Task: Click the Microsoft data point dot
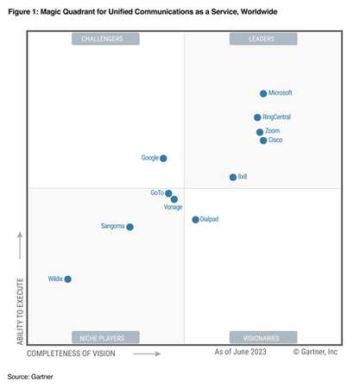(x=263, y=93)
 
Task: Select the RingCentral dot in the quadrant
(x=257, y=117)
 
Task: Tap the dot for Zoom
(x=260, y=132)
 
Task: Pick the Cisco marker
(x=263, y=141)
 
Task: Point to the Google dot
(x=163, y=158)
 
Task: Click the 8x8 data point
(x=232, y=177)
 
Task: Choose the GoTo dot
(x=168, y=193)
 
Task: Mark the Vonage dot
(x=174, y=199)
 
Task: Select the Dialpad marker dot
(x=195, y=220)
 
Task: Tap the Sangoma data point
(x=129, y=227)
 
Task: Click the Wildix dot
(x=67, y=279)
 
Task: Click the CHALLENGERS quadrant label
(x=103, y=39)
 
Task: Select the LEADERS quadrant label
(x=262, y=39)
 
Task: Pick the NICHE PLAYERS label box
(x=103, y=337)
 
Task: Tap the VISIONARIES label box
(x=262, y=337)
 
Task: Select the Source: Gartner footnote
(x=30, y=377)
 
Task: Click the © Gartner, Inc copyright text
(x=315, y=352)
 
